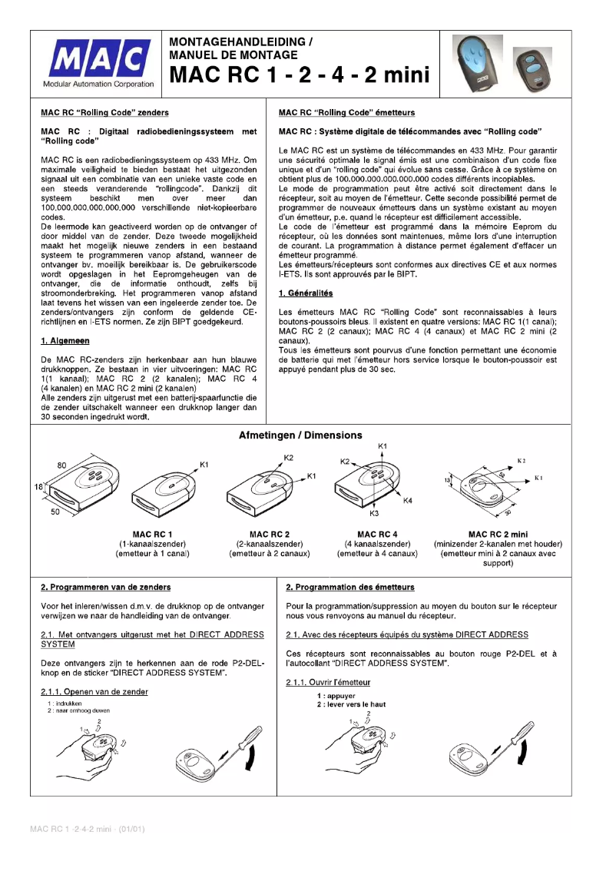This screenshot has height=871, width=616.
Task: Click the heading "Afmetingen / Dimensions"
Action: point(300,435)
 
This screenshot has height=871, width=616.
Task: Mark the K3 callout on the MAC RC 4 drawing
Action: point(375,512)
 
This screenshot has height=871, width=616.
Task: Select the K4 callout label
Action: point(408,501)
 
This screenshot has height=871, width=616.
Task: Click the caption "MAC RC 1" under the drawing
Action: point(152,534)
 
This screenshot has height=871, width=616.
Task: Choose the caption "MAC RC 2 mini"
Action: point(498,534)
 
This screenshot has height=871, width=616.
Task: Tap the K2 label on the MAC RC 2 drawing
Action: point(288,458)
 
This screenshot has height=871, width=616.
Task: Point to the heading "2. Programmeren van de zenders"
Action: point(106,588)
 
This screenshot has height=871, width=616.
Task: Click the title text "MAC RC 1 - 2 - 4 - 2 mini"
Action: point(299,75)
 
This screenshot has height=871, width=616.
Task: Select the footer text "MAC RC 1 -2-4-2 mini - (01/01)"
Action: point(87,829)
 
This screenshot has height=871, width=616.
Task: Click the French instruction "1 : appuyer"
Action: point(333,696)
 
